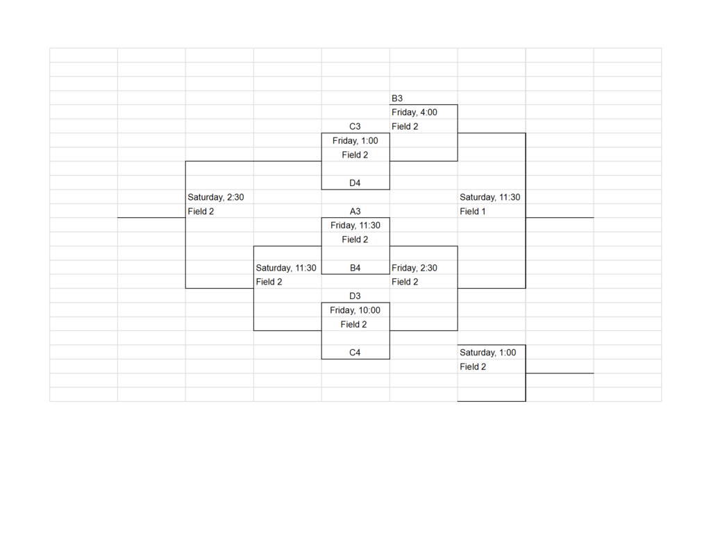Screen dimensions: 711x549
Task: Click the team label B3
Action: click(396, 99)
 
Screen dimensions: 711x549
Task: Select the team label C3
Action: click(355, 126)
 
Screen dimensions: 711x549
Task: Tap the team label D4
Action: click(355, 183)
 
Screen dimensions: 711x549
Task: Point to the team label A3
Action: click(355, 211)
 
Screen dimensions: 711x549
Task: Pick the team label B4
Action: click(355, 268)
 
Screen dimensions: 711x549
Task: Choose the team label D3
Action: click(355, 296)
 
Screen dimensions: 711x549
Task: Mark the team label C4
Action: click(355, 353)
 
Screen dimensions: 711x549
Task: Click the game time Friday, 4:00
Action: click(415, 112)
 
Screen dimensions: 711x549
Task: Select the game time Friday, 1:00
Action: click(355, 141)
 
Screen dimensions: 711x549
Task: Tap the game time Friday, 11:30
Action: click(355, 226)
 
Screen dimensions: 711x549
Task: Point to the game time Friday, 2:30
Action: click(415, 268)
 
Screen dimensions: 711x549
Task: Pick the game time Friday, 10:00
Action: click(355, 310)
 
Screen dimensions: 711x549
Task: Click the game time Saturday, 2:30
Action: click(216, 198)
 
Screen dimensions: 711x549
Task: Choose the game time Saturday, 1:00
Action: click(488, 353)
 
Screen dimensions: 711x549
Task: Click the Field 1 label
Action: click(472, 211)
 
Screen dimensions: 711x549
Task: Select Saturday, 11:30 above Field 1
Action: click(490, 198)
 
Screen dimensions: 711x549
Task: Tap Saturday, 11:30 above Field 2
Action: click(285, 268)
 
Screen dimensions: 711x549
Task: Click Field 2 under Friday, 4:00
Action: click(405, 126)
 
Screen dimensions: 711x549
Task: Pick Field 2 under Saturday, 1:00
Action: click(473, 366)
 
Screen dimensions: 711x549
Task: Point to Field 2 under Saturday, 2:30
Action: click(201, 211)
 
